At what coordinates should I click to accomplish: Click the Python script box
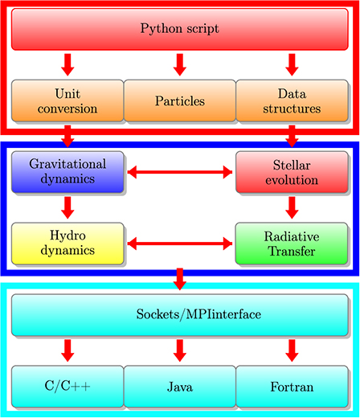(x=180, y=30)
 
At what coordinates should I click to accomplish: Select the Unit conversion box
(x=67, y=100)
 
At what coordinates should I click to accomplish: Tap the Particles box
(x=180, y=100)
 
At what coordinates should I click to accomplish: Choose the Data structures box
(x=292, y=100)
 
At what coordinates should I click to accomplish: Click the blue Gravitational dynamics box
(x=67, y=171)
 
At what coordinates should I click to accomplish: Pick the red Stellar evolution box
(x=292, y=171)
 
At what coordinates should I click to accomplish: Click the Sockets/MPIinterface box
(x=180, y=313)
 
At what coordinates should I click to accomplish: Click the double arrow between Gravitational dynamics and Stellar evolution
(x=180, y=171)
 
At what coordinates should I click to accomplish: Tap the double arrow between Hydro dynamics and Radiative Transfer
(x=180, y=242)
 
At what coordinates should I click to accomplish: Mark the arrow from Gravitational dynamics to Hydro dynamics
(x=67, y=207)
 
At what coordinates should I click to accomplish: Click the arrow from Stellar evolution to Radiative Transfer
(x=292, y=207)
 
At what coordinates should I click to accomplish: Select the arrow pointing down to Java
(x=180, y=349)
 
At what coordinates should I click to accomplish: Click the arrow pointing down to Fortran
(x=292, y=349)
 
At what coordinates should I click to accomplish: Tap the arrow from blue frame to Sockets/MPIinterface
(x=180, y=278)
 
